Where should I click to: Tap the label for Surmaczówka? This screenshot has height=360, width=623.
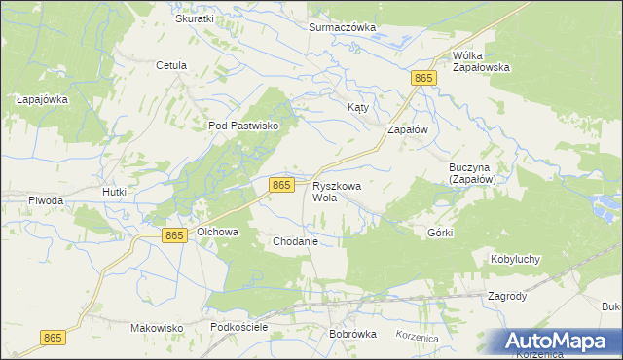point(342,27)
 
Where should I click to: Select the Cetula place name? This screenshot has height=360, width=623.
point(171,66)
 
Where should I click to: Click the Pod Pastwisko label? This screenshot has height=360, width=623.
point(243,126)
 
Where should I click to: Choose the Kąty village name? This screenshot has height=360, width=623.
point(358,107)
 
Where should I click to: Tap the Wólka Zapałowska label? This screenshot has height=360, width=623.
point(481,61)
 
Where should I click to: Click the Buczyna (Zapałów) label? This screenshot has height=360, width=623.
point(473,173)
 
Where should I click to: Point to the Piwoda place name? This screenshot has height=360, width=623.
point(46,200)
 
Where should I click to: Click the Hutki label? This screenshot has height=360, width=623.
point(115,193)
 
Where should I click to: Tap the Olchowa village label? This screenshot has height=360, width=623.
point(218,233)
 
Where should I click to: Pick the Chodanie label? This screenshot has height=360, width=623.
point(296,240)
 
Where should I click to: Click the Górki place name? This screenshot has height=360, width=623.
point(441,234)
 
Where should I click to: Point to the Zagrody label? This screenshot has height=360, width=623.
point(507,297)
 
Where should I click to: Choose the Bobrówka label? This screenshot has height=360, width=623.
point(352,334)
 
